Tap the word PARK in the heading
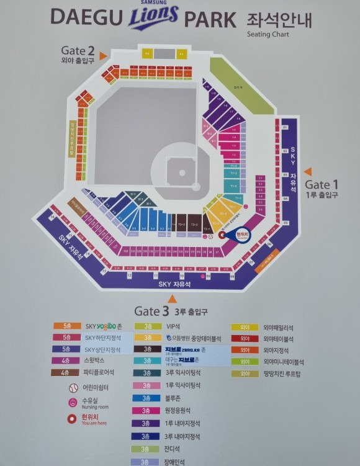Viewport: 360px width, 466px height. pos(210,19)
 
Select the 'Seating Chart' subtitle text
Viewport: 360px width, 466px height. pos(268,35)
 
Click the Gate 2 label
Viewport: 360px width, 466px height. pos(78,50)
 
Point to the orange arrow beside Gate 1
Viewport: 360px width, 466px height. pos(307,172)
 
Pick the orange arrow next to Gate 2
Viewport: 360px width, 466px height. pos(103,56)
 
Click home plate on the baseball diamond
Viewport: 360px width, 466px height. pos(182,174)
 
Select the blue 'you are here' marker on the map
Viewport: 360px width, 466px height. pos(240,235)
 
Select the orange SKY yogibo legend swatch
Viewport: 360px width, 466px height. pos(66,326)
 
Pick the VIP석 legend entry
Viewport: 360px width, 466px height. pos(172,326)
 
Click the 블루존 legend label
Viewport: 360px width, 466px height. pos(174,398)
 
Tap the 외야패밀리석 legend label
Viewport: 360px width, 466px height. pos(278,327)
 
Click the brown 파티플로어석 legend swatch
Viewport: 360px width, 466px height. pos(66,373)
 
